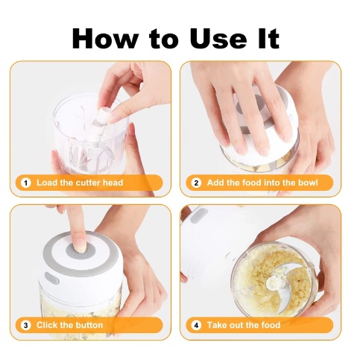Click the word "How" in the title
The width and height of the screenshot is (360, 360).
point(104,39)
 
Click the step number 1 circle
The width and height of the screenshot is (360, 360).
point(25,183)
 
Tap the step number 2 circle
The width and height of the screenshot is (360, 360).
point(196,183)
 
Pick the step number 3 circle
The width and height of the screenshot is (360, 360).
point(25,325)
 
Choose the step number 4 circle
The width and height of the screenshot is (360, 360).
point(196,325)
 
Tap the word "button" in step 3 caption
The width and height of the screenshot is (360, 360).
point(89,325)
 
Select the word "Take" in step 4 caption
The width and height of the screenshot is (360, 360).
point(217,325)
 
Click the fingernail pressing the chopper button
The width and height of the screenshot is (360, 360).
point(80,245)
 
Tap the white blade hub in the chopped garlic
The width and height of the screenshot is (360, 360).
point(273,282)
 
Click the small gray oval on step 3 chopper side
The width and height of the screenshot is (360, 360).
point(51,278)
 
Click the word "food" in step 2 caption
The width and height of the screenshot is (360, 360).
point(252,183)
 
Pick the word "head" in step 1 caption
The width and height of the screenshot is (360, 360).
point(113,183)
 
